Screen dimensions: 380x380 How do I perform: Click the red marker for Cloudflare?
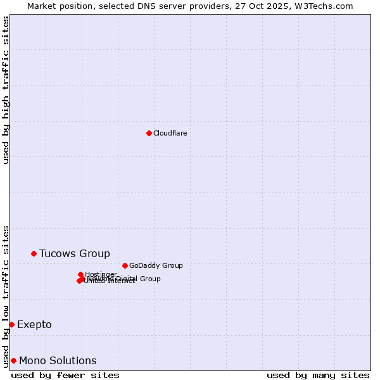pyautogui.click(x=149, y=133)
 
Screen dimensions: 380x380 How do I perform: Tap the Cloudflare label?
pyautogui.click(x=170, y=133)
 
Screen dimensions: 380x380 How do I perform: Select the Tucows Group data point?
pyautogui.click(x=34, y=253)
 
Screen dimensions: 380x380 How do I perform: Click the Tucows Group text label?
pyautogui.click(x=74, y=254)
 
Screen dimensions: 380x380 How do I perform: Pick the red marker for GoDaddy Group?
pyautogui.click(x=125, y=265)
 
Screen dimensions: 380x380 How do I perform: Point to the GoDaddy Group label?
pyautogui.click(x=156, y=265)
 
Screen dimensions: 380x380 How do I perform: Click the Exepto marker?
pyautogui.click(x=11, y=324)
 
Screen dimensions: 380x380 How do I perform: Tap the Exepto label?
pyautogui.click(x=34, y=325)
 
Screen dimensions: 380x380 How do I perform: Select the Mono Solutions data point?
pyautogui.click(x=13, y=360)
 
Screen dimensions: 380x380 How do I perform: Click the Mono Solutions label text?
pyautogui.click(x=58, y=361)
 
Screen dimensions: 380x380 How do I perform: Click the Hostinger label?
pyautogui.click(x=101, y=274)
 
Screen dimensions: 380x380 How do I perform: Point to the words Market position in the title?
pyautogui.click(x=58, y=6)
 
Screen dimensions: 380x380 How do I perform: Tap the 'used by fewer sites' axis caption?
pyautogui.click(x=65, y=375)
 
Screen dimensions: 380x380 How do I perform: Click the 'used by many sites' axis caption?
pyautogui.click(x=318, y=375)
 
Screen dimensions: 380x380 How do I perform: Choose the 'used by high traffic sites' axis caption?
pyautogui.click(x=6, y=90)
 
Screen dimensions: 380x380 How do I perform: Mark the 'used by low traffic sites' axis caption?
pyautogui.click(x=6, y=296)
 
